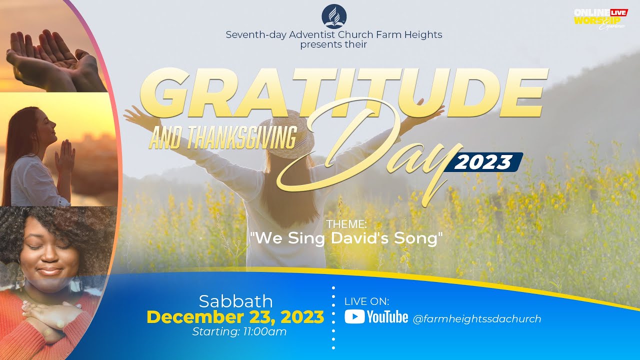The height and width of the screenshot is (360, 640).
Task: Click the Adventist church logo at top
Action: tap(333, 17)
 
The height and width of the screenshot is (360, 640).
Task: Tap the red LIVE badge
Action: tap(619, 12)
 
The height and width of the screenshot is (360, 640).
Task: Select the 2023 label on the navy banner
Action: tap(484, 162)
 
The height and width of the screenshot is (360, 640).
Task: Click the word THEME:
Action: tap(346, 224)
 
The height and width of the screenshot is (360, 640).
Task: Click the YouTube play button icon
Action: tap(354, 317)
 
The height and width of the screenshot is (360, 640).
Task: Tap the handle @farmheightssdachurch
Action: tap(477, 318)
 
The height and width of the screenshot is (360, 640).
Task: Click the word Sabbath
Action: tap(235, 301)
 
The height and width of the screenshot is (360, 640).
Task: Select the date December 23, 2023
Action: tap(235, 317)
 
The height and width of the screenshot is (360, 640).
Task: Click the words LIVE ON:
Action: tap(367, 301)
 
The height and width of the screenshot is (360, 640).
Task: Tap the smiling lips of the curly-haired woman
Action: tap(48, 271)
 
